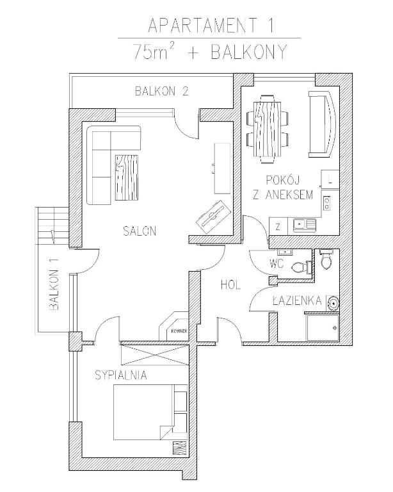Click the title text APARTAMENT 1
[x=211, y=26]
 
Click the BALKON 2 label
[x=161, y=91]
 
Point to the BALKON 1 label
[x=54, y=290]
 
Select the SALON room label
[x=140, y=231]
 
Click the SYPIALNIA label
[x=120, y=375]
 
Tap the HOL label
[x=230, y=285]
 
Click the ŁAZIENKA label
[x=296, y=300]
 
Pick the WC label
[x=277, y=264]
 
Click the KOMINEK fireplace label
[x=179, y=331]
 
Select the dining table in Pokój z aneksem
[x=267, y=129]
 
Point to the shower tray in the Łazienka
[x=323, y=328]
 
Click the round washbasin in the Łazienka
[x=332, y=302]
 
